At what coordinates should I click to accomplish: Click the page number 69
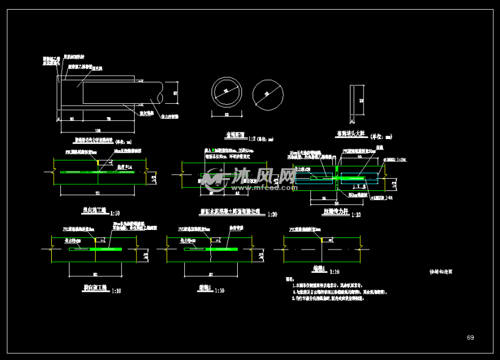click(470, 337)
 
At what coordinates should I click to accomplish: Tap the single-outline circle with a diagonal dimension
click(267, 94)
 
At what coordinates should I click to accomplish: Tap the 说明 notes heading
click(290, 279)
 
